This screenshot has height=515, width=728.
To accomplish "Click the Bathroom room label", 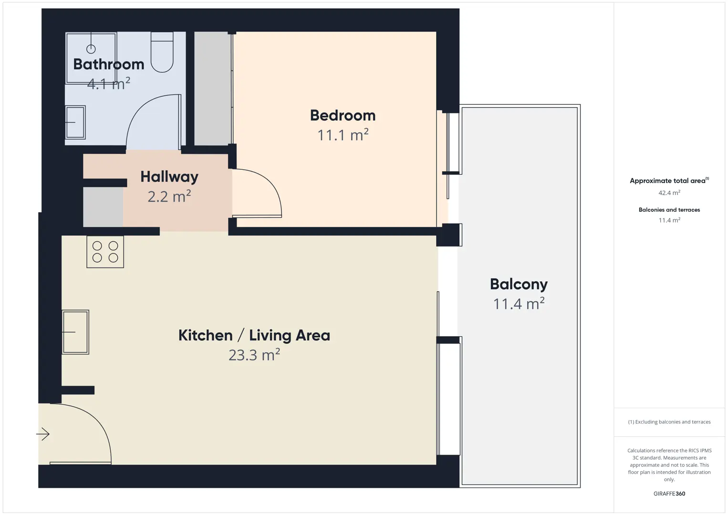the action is [x=109, y=64].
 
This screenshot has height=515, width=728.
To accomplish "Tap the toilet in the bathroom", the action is [x=162, y=52].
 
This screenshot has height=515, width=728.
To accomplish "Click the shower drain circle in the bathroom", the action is [x=91, y=49].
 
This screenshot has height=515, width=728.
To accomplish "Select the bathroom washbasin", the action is [x=75, y=122].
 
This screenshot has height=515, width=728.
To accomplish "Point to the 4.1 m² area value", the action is [x=109, y=83].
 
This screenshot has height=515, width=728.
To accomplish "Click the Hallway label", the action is [x=169, y=177].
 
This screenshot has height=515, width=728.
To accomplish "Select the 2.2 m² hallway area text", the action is [x=169, y=196].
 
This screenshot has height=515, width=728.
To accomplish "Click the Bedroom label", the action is [x=343, y=116].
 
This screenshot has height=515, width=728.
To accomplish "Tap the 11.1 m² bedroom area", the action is [x=343, y=135].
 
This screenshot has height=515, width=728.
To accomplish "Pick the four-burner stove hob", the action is [x=105, y=252].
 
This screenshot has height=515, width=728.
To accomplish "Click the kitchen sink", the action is [x=75, y=332].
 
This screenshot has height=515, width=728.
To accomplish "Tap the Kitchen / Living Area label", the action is [x=254, y=336].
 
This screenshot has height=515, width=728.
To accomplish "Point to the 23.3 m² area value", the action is [x=254, y=355].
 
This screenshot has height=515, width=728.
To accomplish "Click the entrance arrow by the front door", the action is [x=42, y=434].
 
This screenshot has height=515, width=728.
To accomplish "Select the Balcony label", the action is [x=519, y=284].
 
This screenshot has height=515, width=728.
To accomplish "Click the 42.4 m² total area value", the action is [x=669, y=193].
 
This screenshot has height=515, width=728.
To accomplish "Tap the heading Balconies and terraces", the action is [x=669, y=210].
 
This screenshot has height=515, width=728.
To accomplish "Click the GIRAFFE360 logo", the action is [x=669, y=494].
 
